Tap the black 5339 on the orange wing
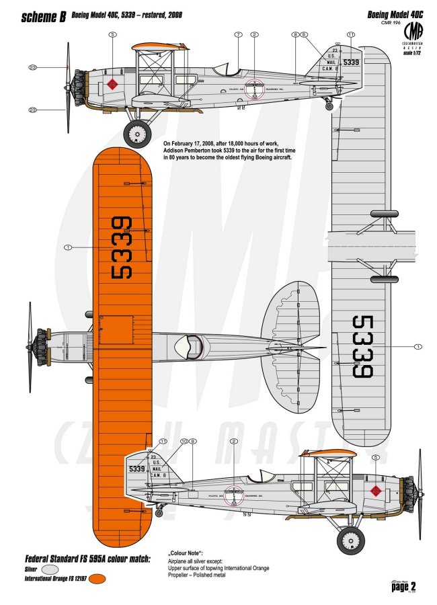[122, 247]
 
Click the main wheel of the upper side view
[138, 134]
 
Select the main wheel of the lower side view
[350, 539]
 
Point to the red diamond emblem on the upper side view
[112, 85]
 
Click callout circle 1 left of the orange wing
[67, 247]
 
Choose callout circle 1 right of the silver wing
[418, 347]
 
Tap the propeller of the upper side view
[68, 87]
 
